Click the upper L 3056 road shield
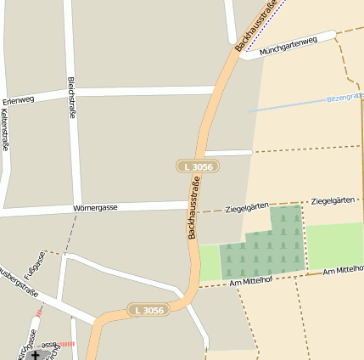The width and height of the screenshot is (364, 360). click(x=198, y=166)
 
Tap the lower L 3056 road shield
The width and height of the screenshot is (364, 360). click(x=148, y=310)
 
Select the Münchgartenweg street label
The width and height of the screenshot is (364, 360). click(x=288, y=46)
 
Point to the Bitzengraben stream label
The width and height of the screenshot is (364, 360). click(x=344, y=98)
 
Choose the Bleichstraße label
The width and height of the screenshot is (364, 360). click(x=71, y=98)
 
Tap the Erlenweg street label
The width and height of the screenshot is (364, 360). click(x=19, y=100)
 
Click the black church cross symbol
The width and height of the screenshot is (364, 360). click(x=36, y=354)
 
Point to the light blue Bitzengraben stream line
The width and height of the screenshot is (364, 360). click(x=288, y=105)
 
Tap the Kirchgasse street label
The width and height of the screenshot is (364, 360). click(x=26, y=344)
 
